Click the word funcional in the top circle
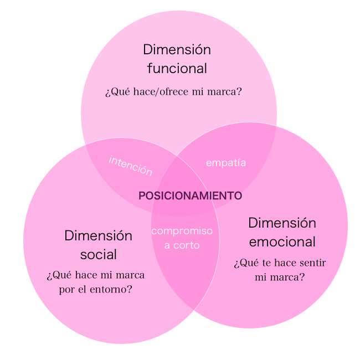point(177,69)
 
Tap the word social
point(99,255)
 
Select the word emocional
point(282,242)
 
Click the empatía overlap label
point(226,163)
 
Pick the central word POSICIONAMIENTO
point(190,196)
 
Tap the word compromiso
point(182,231)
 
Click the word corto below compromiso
point(188,244)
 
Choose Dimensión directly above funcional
point(177,49)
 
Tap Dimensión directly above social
point(99,236)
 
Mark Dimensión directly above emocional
point(282,223)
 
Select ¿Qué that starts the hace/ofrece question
point(115,92)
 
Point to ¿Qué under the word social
point(57,275)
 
